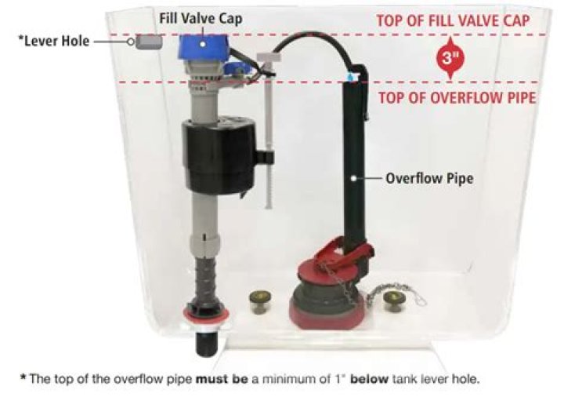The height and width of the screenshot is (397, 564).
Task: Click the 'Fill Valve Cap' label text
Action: tap(201, 18)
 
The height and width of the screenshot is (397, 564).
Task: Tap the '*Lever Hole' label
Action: tap(53, 41)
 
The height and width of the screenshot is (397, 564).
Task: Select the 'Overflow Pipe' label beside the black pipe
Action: tap(429, 178)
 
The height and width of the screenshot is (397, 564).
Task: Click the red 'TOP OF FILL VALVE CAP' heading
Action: tap(453, 20)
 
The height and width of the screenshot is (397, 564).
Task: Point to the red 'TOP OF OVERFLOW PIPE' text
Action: tap(457, 97)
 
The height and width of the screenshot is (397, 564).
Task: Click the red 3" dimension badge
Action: tap(450, 57)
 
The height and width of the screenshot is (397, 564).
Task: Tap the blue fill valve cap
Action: tap(203, 47)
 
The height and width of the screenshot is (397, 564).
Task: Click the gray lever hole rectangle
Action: tap(149, 42)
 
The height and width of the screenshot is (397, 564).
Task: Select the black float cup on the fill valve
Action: tap(219, 155)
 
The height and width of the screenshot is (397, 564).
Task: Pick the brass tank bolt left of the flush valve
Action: tap(260, 302)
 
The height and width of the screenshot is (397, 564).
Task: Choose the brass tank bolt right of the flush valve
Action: tap(393, 302)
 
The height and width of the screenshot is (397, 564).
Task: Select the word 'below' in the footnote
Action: tap(369, 379)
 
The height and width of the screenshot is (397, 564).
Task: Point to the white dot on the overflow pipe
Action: tap(354, 178)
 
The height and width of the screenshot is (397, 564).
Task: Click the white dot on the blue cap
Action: tap(203, 44)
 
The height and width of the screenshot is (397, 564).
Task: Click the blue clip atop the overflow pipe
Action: tap(352, 77)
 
